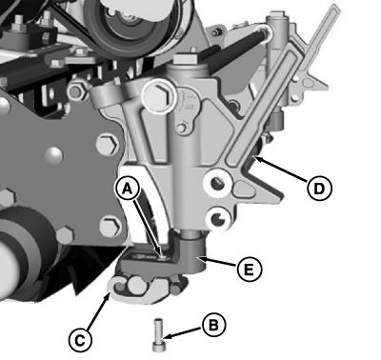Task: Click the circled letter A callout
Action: [128, 189]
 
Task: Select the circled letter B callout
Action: [213, 325]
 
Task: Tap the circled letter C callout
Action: [80, 341]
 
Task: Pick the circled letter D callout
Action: [319, 189]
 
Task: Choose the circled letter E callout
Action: [250, 270]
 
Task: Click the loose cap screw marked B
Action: [158, 334]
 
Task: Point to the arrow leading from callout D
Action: [281, 170]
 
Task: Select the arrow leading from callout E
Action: [218, 262]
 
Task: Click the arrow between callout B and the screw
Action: [183, 330]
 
